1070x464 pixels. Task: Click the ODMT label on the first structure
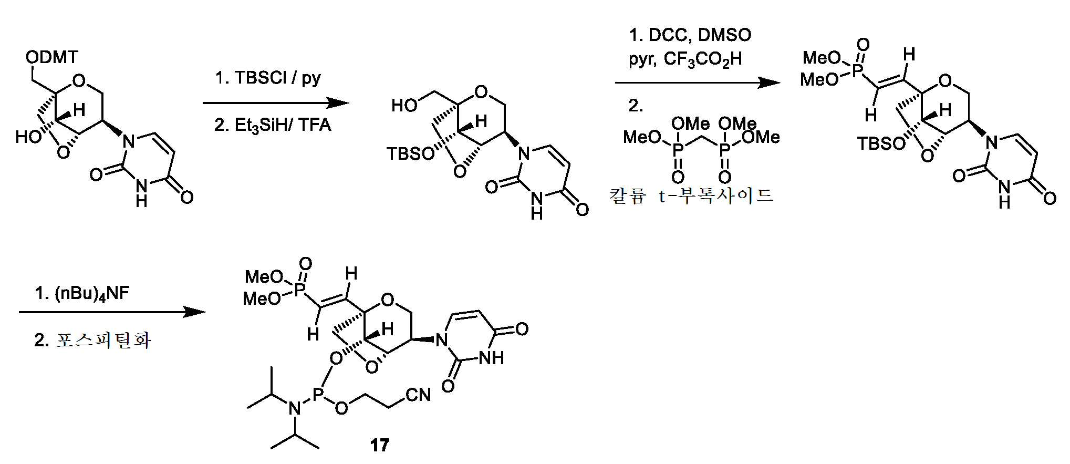click(52, 57)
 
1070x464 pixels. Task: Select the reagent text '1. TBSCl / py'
click(268, 78)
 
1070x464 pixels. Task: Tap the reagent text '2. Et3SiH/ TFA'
click(273, 125)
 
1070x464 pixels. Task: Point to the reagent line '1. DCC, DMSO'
click(690, 35)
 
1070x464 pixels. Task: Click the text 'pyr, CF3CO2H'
click(685, 59)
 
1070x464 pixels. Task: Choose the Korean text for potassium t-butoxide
click(691, 196)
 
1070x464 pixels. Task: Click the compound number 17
click(379, 446)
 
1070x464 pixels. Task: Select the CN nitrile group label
click(418, 395)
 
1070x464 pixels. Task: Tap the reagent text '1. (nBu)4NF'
click(82, 293)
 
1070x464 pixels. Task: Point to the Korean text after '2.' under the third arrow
click(103, 340)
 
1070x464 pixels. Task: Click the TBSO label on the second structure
click(411, 153)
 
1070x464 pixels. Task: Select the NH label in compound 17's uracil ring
click(492, 358)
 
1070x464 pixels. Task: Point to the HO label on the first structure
click(28, 137)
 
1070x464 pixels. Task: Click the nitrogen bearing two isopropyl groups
click(295, 408)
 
